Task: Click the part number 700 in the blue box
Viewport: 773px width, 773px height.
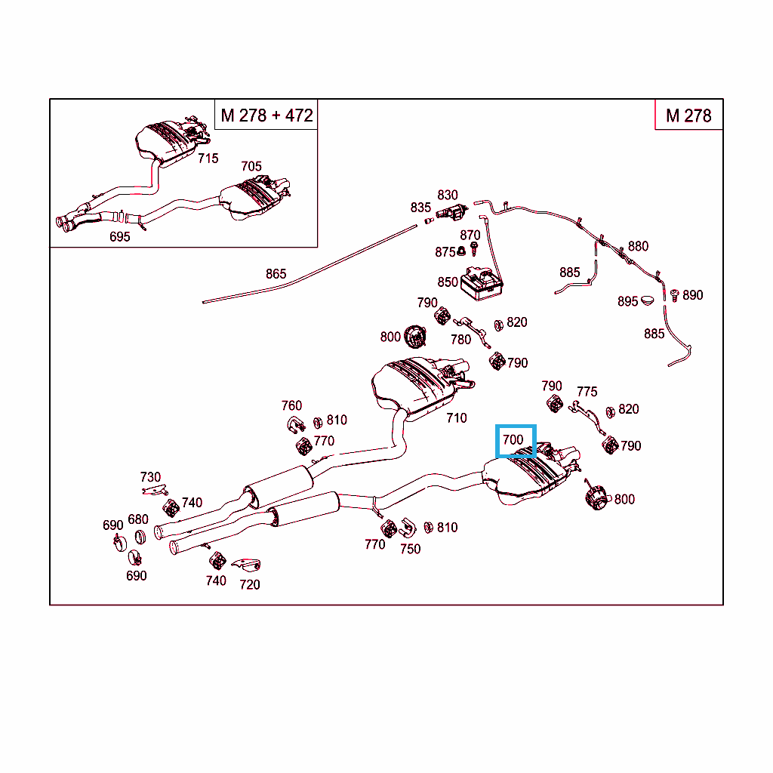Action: coord(513,439)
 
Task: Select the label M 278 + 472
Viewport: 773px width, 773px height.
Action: coord(266,115)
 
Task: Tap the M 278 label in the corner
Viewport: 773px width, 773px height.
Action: coord(688,115)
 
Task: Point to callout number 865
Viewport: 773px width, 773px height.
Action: coord(276,274)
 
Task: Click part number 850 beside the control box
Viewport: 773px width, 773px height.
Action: coord(448,282)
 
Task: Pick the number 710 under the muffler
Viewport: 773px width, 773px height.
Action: coord(456,417)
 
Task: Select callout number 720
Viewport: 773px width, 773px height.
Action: coord(249,584)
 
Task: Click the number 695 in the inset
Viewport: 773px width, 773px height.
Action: coord(119,236)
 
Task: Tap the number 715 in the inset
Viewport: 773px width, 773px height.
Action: coord(208,158)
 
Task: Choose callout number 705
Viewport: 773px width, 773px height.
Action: coord(251,166)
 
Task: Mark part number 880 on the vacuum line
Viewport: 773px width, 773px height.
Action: coord(638,246)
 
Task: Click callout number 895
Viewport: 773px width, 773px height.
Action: coord(628,301)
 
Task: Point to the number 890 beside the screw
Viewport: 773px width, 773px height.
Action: coord(692,295)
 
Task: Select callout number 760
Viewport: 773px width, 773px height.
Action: coord(291,406)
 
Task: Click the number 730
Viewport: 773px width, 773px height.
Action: coord(150,477)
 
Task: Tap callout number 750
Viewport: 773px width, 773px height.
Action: coord(410,549)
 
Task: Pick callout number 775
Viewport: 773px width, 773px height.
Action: coord(587,391)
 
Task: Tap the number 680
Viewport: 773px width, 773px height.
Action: coord(138,519)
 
